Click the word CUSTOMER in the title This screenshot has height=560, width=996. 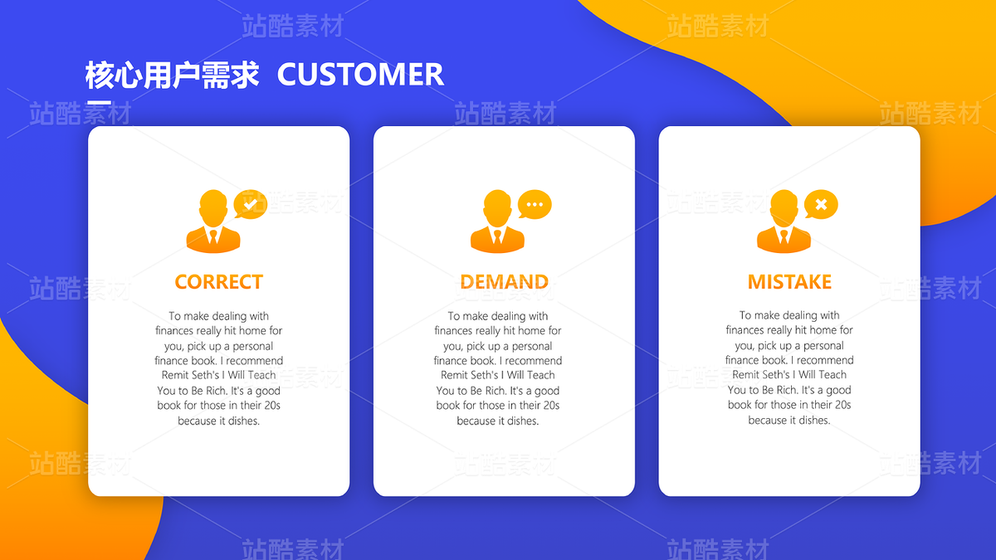coord(360,74)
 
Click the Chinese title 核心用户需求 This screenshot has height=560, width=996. coord(172,75)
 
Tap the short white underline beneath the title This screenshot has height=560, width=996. coord(99,103)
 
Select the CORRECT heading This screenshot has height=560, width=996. coord(219,282)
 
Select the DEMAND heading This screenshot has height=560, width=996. coord(505,282)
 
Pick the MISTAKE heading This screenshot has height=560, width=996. coord(789,282)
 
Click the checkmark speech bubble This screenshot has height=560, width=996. coord(251,204)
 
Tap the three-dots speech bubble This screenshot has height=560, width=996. coord(535,204)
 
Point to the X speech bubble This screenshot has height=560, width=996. coord(821,204)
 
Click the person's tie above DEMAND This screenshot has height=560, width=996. coord(497,236)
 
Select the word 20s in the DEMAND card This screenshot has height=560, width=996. coord(550,406)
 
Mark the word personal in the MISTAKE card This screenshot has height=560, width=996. coord(823,346)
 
